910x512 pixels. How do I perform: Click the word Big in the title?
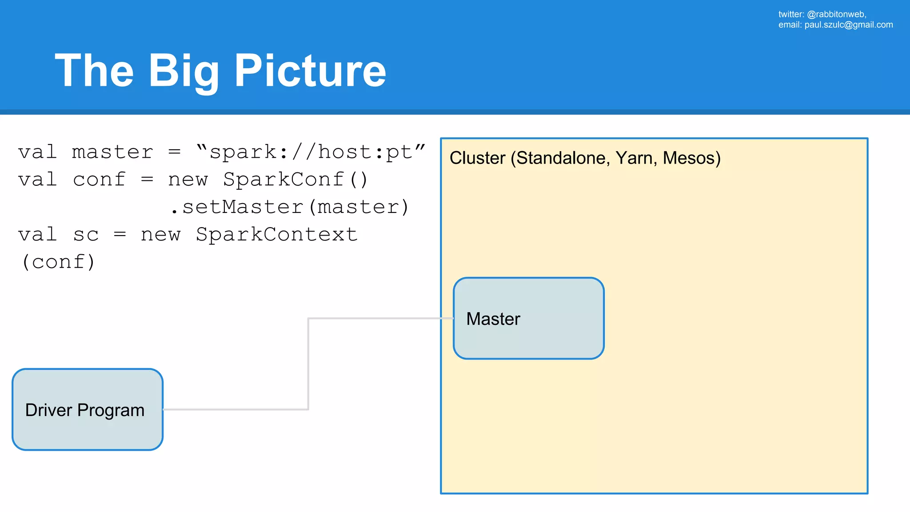pyautogui.click(x=184, y=71)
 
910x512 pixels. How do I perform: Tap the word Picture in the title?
pyautogui.click(x=310, y=71)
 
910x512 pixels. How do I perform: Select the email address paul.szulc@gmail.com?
pyautogui.click(x=848, y=25)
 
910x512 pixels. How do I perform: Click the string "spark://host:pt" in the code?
pyautogui.click(x=311, y=152)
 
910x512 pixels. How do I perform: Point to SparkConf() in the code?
pyautogui.click(x=295, y=180)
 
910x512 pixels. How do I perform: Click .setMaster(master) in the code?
pyautogui.click(x=289, y=207)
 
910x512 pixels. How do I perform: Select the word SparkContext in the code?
pyautogui.click(x=276, y=235)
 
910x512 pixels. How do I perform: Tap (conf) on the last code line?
pyautogui.click(x=59, y=262)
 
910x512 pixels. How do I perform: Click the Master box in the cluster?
pyautogui.click(x=528, y=318)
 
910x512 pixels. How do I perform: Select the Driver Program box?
pyautogui.click(x=88, y=409)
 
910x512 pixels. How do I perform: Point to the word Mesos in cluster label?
pyautogui.click(x=691, y=158)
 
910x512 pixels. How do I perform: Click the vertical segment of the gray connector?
pyautogui.click(x=308, y=364)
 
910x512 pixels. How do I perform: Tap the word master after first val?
pyautogui.click(x=112, y=152)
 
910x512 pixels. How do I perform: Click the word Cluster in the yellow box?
pyautogui.click(x=477, y=158)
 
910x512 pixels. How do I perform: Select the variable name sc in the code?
pyautogui.click(x=86, y=235)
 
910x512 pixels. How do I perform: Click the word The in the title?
pyautogui.click(x=94, y=71)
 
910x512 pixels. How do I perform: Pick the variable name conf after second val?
pyautogui.click(x=99, y=180)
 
